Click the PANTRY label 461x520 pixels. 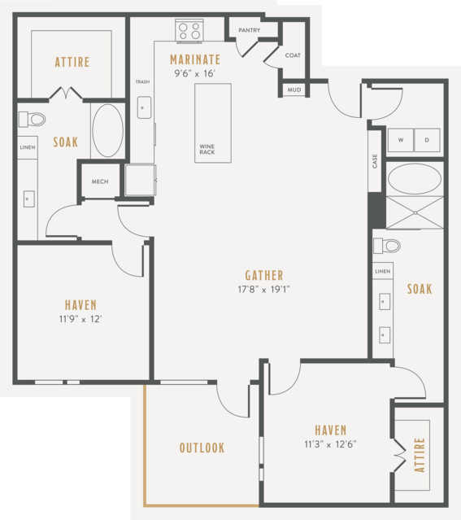(250, 30)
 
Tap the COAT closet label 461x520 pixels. (293, 55)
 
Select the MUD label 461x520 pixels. (294, 90)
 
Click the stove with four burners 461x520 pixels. (189, 31)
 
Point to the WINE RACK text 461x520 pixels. (207, 149)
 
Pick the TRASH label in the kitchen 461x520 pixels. (142, 81)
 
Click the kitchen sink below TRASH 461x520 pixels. (144, 107)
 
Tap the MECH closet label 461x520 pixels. (100, 181)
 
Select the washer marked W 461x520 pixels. (401, 140)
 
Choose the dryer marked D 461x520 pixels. (427, 140)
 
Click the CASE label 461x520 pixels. (375, 161)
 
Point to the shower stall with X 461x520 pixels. (415, 212)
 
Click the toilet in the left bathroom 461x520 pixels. (32, 120)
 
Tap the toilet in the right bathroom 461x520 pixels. (387, 246)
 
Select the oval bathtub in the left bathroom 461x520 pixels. (107, 131)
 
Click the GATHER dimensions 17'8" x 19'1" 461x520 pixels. (263, 290)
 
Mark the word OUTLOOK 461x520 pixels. (202, 448)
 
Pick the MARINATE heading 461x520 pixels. (195, 59)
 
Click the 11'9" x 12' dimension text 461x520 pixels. (80, 319)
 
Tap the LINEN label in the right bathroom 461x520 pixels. (383, 271)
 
